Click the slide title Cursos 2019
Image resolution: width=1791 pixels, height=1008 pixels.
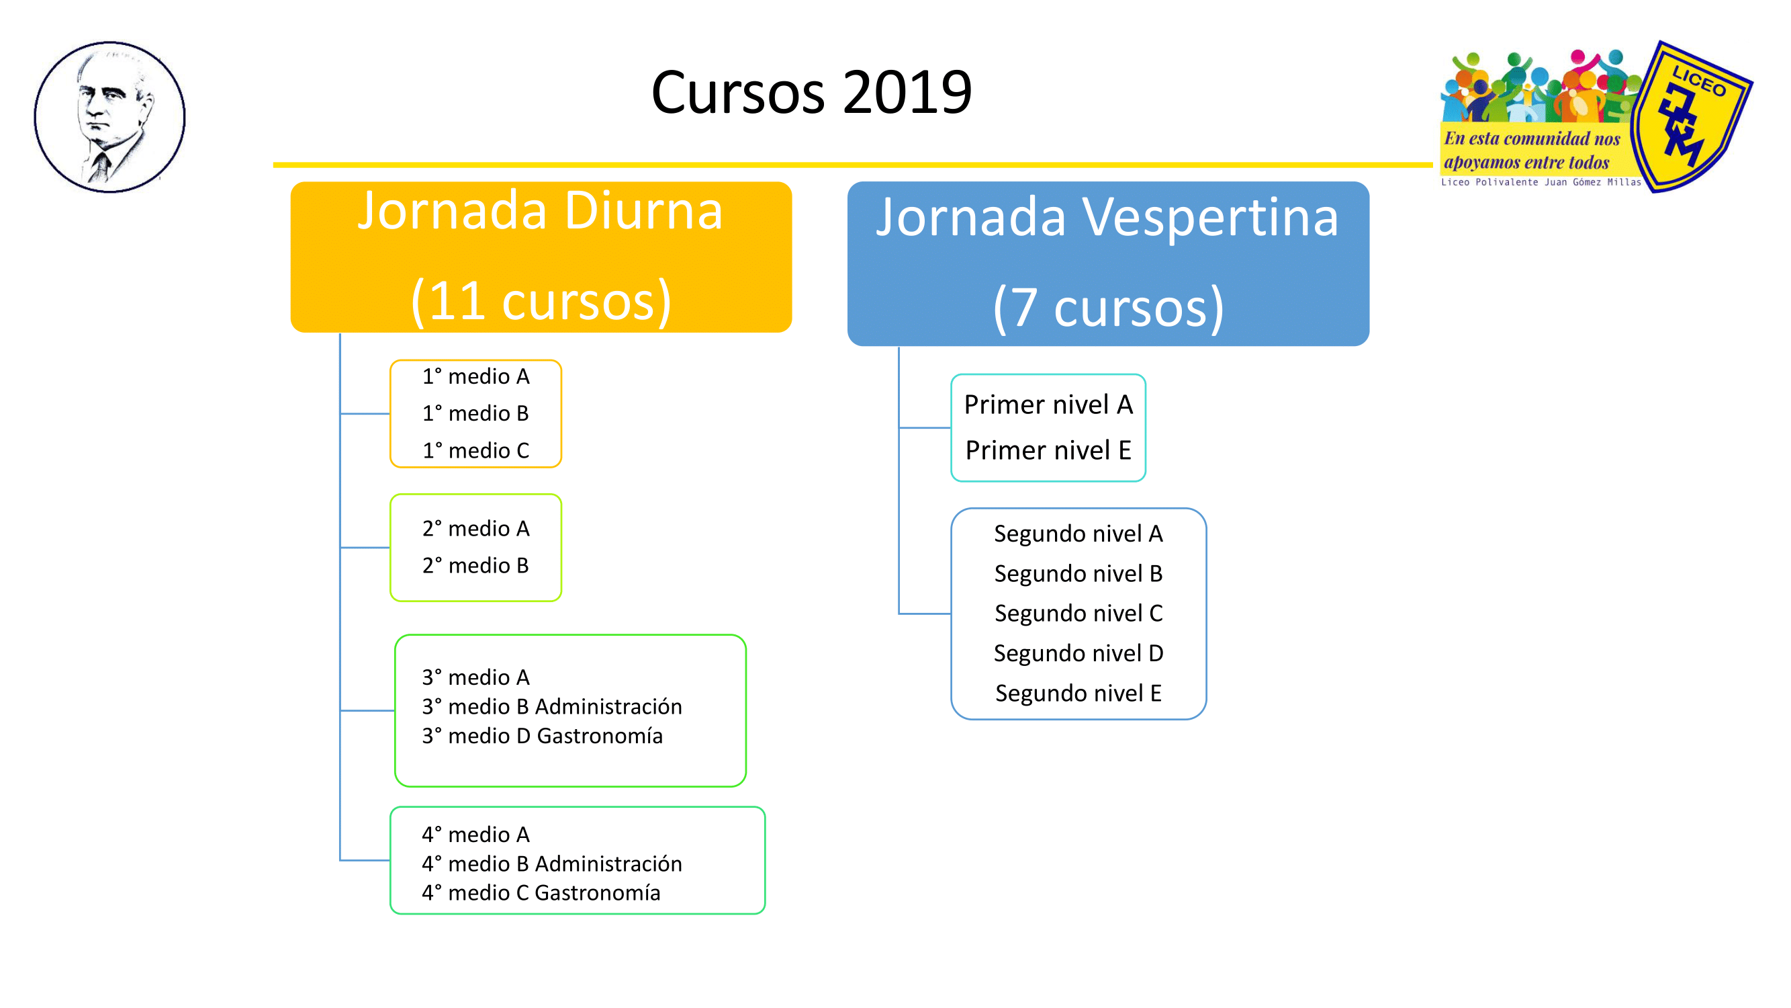(x=811, y=92)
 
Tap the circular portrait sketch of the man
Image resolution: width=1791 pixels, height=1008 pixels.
(x=110, y=117)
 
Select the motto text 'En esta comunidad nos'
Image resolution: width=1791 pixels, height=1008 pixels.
(x=1532, y=138)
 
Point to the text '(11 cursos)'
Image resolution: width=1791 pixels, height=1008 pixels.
(x=541, y=300)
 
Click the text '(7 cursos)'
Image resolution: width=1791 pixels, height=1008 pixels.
(x=1108, y=307)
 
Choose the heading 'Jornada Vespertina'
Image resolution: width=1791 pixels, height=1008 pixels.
(x=1107, y=216)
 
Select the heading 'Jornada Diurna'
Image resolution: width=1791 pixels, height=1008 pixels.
(x=540, y=210)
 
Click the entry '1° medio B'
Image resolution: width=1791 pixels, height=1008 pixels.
(x=475, y=413)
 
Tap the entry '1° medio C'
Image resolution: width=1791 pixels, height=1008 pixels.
(x=475, y=450)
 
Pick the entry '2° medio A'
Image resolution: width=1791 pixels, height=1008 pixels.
(x=475, y=529)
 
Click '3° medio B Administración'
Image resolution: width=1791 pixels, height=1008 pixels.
(x=552, y=707)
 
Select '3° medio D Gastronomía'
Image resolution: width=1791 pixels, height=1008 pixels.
(x=543, y=736)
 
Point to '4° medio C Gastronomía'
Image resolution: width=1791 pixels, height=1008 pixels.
(x=541, y=892)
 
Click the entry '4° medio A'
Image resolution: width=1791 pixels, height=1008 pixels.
(x=475, y=834)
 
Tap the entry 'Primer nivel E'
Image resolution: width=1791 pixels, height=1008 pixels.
(x=1048, y=450)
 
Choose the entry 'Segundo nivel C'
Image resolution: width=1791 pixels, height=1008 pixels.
(x=1078, y=613)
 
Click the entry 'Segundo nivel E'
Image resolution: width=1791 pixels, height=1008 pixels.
(x=1078, y=693)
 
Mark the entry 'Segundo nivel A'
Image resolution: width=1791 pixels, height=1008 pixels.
(x=1078, y=534)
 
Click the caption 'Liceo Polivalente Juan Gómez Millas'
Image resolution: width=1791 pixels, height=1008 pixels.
(x=1541, y=182)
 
